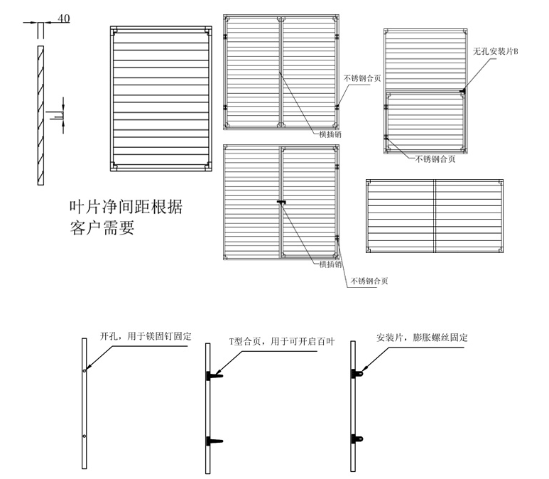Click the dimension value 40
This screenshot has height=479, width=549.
[63, 18]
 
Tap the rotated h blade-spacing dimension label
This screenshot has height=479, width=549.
[53, 111]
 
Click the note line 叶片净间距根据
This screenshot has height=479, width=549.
[125, 208]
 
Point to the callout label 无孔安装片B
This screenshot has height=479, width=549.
[496, 52]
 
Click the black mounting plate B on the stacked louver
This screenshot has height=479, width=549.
[462, 90]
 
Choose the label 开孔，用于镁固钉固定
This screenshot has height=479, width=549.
[145, 335]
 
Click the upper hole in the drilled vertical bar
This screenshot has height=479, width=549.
[84, 370]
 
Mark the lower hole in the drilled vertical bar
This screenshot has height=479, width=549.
[84, 436]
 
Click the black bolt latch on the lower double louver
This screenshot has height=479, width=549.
[281, 203]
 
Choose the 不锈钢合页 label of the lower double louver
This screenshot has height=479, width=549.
[369, 281]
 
